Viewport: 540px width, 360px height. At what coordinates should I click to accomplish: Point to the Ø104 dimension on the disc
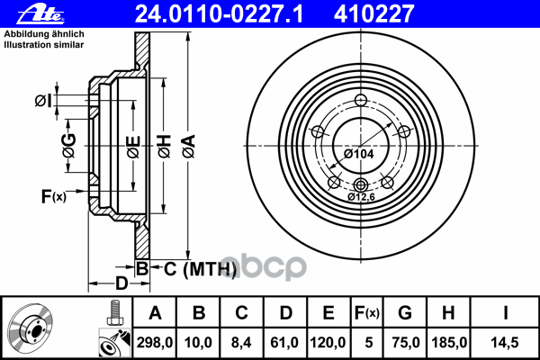[359, 154]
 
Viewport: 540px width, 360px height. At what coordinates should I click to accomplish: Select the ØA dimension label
[188, 141]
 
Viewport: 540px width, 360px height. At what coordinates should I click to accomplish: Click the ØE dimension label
[133, 142]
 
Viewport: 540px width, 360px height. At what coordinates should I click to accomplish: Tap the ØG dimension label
[68, 141]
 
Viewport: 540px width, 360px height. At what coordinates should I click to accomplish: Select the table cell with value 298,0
[155, 342]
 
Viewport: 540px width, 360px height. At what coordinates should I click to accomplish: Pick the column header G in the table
[405, 313]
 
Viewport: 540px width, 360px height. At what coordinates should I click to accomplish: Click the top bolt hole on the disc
[361, 101]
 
